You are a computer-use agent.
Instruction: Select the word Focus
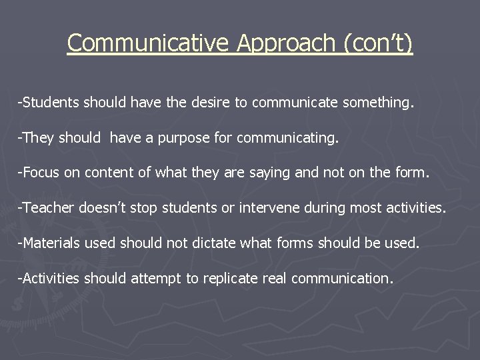[x=44, y=173]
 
